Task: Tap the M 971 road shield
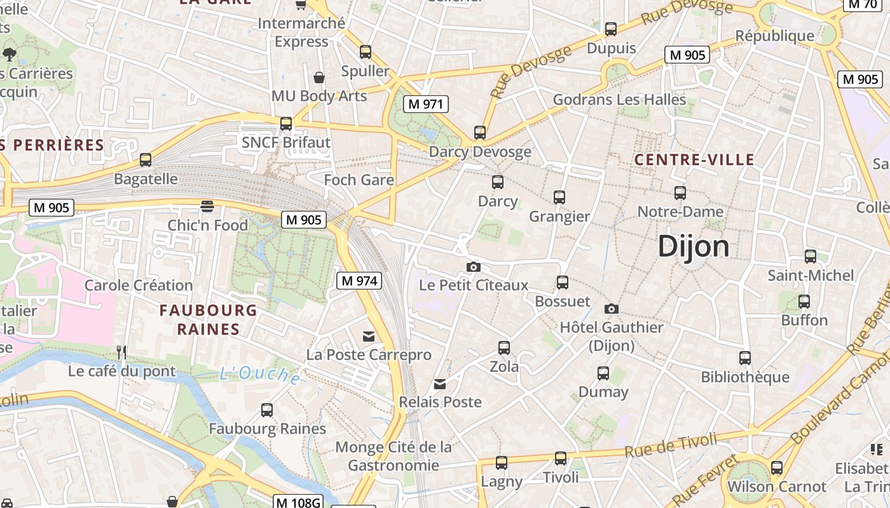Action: pyautogui.click(x=426, y=104)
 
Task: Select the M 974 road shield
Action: pyautogui.click(x=359, y=280)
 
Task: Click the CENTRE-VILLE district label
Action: pyautogui.click(x=694, y=159)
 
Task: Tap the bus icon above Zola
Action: pyautogui.click(x=504, y=347)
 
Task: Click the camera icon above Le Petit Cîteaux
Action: pyautogui.click(x=473, y=267)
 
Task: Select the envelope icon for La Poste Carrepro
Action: pyautogui.click(x=369, y=336)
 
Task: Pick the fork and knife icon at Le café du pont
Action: pyautogui.click(x=121, y=352)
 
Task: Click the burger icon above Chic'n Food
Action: pyautogui.click(x=207, y=206)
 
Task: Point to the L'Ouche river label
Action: pyautogui.click(x=261, y=375)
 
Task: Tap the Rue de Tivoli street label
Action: pyautogui.click(x=671, y=445)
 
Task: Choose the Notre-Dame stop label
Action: pyautogui.click(x=680, y=211)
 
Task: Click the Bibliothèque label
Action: pyautogui.click(x=745, y=377)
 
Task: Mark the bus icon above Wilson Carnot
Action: pyautogui.click(x=776, y=468)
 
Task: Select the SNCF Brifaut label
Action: pyautogui.click(x=286, y=142)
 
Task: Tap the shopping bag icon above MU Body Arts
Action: pyautogui.click(x=319, y=77)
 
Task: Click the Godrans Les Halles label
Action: pyautogui.click(x=619, y=100)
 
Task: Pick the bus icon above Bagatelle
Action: pyautogui.click(x=146, y=160)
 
